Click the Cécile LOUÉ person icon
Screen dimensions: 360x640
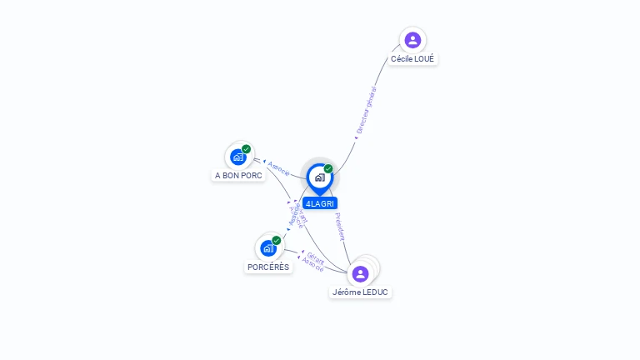pos(412,40)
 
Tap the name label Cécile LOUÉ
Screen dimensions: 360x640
pos(412,59)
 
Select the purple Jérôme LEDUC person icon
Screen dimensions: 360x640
pos(360,273)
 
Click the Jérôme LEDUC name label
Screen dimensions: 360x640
pos(360,292)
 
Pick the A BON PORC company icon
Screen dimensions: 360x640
pos(238,157)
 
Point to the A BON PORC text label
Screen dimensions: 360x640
pos(238,176)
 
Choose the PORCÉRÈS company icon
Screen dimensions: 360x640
pos(268,247)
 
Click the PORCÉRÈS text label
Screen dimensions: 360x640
pos(268,267)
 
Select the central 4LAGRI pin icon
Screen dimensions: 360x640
pos(319,177)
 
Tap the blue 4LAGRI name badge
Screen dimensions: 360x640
pos(320,203)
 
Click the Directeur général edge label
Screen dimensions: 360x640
pos(367,110)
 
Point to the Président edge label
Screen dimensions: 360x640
pos(340,227)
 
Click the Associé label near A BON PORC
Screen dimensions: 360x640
pos(279,167)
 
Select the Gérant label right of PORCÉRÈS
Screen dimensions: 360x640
pos(316,257)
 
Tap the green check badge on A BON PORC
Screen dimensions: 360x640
pos(247,149)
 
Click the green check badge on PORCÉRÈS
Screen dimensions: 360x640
pos(277,240)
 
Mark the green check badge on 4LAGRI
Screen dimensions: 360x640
pos(328,169)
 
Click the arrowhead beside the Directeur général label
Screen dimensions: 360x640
pos(354,138)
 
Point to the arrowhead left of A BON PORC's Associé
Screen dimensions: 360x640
pos(265,162)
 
